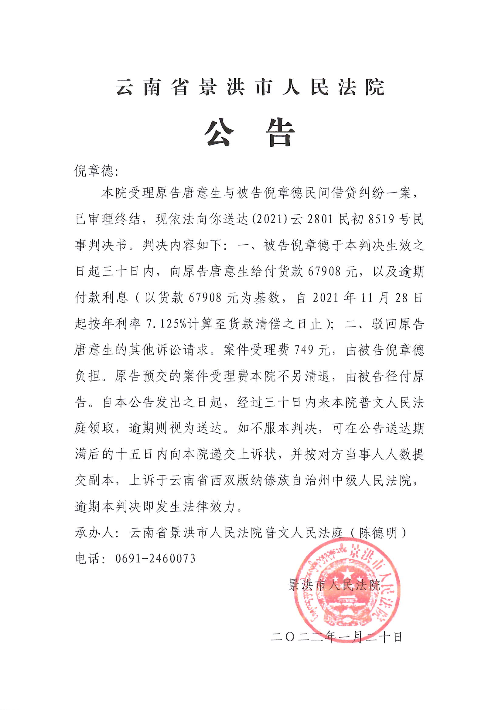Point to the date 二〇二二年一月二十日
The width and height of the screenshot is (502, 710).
coord(336,637)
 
